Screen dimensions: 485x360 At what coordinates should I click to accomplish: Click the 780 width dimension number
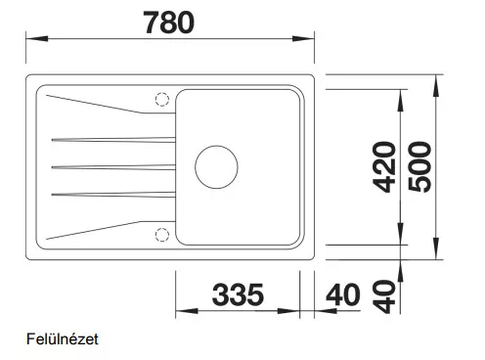tap(169, 22)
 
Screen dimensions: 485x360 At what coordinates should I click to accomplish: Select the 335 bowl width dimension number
tap(238, 294)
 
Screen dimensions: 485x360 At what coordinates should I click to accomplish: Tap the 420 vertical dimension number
tap(384, 167)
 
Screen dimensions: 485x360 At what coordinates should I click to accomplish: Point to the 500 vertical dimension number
tap(419, 167)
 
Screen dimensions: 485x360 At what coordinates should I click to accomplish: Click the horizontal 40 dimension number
tap(343, 294)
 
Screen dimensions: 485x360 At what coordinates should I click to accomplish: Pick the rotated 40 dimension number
tap(384, 296)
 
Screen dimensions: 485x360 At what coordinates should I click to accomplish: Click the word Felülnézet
tap(62, 339)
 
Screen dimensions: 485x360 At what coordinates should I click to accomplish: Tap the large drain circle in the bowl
tap(216, 167)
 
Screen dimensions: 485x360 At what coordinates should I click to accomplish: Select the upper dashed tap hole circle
tap(162, 100)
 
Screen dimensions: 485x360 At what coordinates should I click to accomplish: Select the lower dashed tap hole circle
tap(162, 235)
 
